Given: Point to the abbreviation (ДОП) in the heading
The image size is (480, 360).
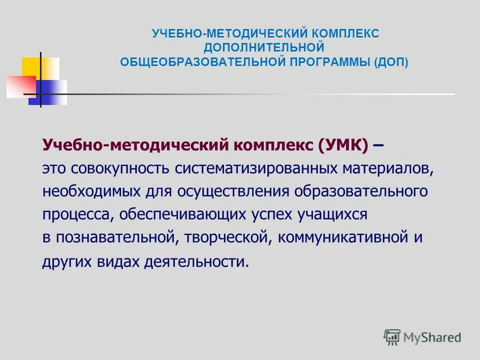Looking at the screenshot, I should (x=393, y=62).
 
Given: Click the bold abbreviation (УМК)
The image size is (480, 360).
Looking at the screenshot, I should (x=342, y=145).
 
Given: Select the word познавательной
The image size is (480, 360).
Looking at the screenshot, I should (x=114, y=238).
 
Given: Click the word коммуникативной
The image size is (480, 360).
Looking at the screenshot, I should (x=340, y=238).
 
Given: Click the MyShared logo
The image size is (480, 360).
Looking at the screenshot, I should (x=422, y=336).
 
